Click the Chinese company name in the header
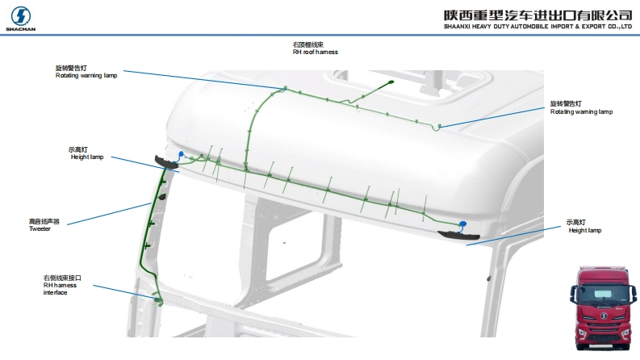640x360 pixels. click(x=538, y=15)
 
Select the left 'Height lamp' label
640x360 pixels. click(x=86, y=153)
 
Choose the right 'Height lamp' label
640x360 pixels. click(x=584, y=227)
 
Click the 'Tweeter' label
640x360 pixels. click(x=40, y=225)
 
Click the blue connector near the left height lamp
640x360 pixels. click(x=182, y=154)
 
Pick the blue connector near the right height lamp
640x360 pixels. click(x=462, y=224)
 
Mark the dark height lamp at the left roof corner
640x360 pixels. click(x=168, y=163)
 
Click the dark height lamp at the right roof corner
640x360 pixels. click(x=451, y=235)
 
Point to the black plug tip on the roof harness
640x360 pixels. click(x=388, y=82)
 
